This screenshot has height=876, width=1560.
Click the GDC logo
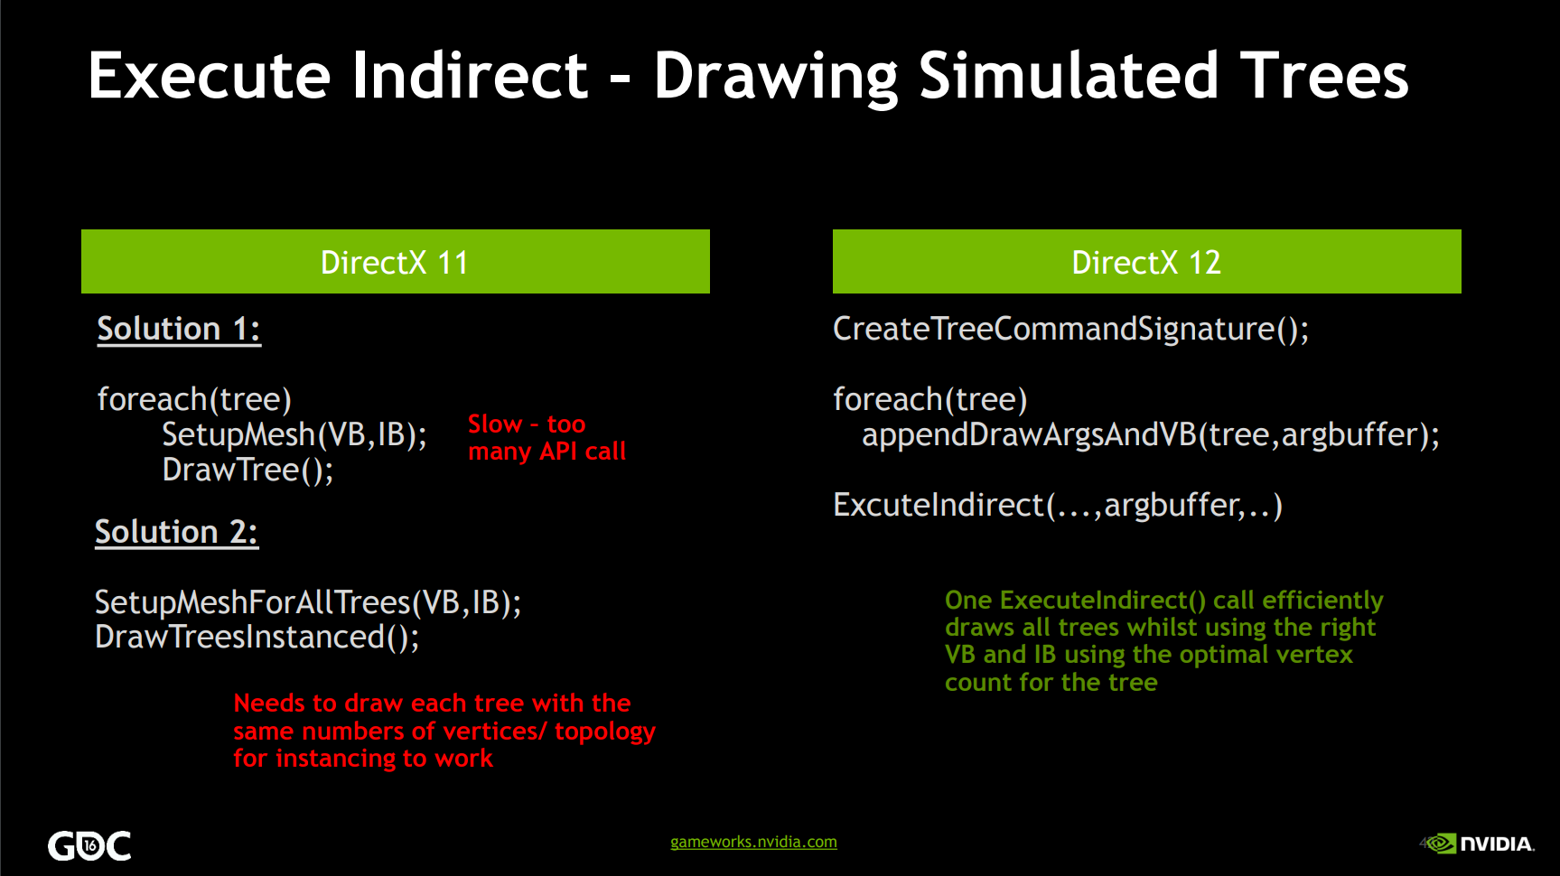(x=89, y=845)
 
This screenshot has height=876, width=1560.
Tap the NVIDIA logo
(x=1479, y=843)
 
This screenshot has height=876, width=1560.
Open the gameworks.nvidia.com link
(x=753, y=842)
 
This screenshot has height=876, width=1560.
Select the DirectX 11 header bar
(x=396, y=262)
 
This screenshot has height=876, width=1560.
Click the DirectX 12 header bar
(x=1147, y=262)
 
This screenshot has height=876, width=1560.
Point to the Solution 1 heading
(x=179, y=329)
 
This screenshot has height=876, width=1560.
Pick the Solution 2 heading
(x=177, y=532)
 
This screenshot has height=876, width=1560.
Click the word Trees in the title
(x=1324, y=75)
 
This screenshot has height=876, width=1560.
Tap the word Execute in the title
(x=210, y=75)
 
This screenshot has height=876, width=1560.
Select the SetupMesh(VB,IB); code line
(x=294, y=435)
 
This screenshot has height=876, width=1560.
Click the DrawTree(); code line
(x=248, y=471)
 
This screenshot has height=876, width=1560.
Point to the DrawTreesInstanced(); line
(x=257, y=638)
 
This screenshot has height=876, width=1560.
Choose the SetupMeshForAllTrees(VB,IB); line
(x=308, y=602)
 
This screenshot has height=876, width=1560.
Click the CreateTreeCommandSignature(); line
(x=1071, y=329)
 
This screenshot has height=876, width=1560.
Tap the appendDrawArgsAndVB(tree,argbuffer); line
(x=1151, y=435)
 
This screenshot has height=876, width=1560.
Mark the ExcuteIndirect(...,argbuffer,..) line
(x=1058, y=506)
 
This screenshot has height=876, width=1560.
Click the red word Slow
(x=495, y=424)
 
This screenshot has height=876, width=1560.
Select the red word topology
(x=605, y=732)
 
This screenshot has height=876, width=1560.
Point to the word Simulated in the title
(x=1070, y=75)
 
